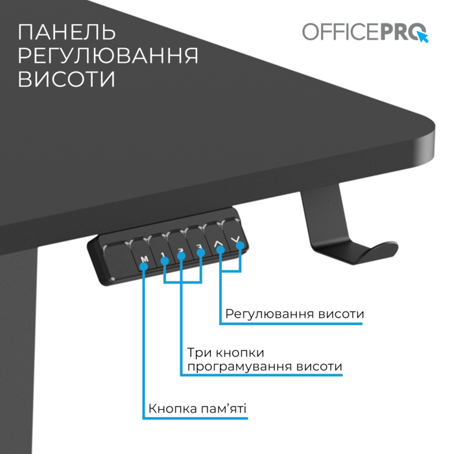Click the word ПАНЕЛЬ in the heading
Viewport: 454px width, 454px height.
point(67,32)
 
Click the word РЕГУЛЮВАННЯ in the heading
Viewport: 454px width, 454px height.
point(108,55)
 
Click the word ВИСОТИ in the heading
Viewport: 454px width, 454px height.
point(67,79)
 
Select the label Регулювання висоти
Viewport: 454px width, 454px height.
point(294,314)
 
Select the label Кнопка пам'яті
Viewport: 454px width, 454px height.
point(197,409)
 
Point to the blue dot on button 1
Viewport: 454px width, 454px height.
point(165,261)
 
